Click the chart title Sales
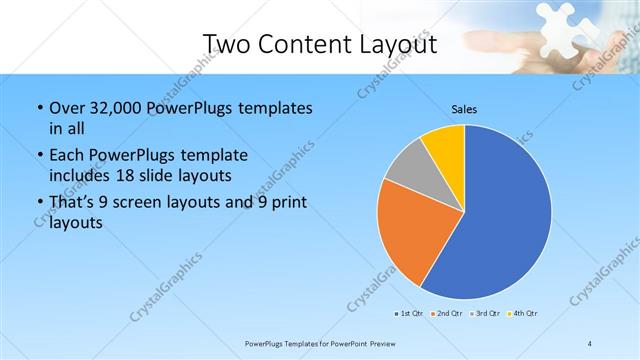click(464, 108)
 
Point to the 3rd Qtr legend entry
click(487, 313)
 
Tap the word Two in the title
click(227, 43)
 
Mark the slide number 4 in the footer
click(590, 343)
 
